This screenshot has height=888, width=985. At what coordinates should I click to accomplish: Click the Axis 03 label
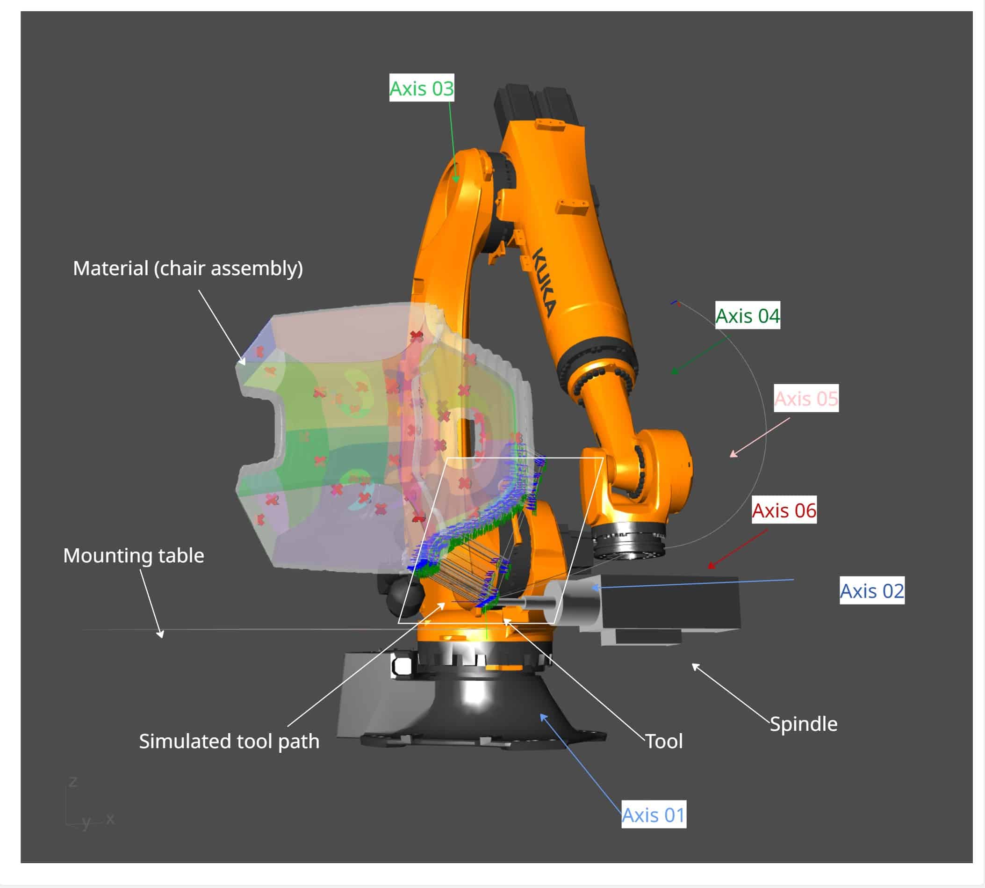tap(421, 88)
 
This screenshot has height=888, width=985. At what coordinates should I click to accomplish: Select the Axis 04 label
tap(747, 316)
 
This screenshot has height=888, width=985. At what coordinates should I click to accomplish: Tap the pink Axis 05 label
tap(806, 399)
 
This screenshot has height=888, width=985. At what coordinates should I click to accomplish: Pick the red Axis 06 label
tap(784, 510)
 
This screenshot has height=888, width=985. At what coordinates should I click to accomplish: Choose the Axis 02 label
tap(871, 591)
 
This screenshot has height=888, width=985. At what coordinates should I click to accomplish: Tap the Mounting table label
tap(134, 556)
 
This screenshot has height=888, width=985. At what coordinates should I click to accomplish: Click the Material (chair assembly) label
tap(188, 269)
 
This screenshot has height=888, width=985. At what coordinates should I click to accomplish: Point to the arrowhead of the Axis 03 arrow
tap(456, 181)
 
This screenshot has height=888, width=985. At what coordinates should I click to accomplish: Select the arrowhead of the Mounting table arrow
tap(161, 635)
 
